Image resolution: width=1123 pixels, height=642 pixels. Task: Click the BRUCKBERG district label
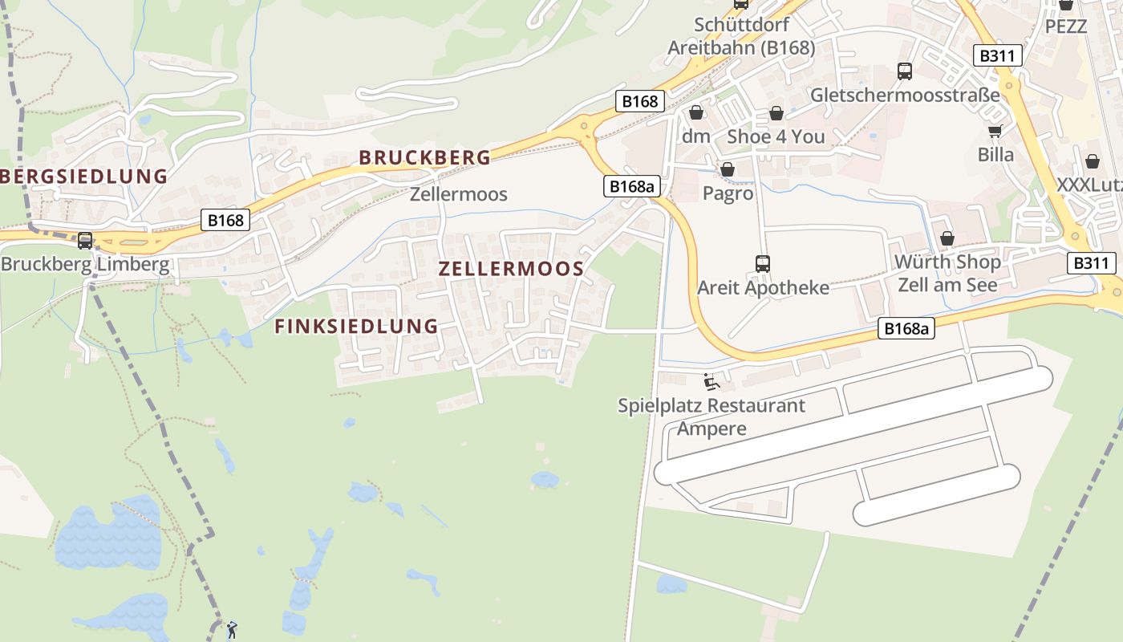(x=424, y=157)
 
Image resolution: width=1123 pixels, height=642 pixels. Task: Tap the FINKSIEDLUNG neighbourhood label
(x=356, y=326)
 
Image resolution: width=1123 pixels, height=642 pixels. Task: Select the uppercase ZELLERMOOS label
(x=511, y=269)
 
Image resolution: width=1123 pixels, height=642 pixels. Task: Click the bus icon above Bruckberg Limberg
(x=85, y=240)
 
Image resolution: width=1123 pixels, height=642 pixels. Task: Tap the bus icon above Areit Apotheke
(x=762, y=263)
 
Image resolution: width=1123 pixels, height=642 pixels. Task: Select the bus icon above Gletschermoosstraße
(x=905, y=71)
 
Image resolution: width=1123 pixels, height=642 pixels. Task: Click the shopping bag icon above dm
(x=696, y=112)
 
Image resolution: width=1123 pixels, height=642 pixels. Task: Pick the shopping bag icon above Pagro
(x=728, y=169)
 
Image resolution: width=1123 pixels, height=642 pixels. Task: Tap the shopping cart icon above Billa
(x=995, y=131)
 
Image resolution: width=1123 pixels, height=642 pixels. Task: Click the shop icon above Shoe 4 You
(x=776, y=113)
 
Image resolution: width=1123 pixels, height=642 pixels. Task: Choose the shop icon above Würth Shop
(x=947, y=238)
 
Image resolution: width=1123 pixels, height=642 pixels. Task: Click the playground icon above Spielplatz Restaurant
(x=711, y=381)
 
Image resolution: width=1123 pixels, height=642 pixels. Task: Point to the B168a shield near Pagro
(x=631, y=186)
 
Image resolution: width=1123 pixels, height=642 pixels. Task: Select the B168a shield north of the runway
(x=906, y=327)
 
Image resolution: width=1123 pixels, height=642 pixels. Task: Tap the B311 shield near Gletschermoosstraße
(x=998, y=55)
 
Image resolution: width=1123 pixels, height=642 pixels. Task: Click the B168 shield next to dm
(x=639, y=101)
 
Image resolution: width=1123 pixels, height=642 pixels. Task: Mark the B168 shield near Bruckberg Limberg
(x=225, y=220)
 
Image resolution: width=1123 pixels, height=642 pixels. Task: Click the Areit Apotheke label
(x=763, y=287)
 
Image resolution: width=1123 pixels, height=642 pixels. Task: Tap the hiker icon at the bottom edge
(x=232, y=630)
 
